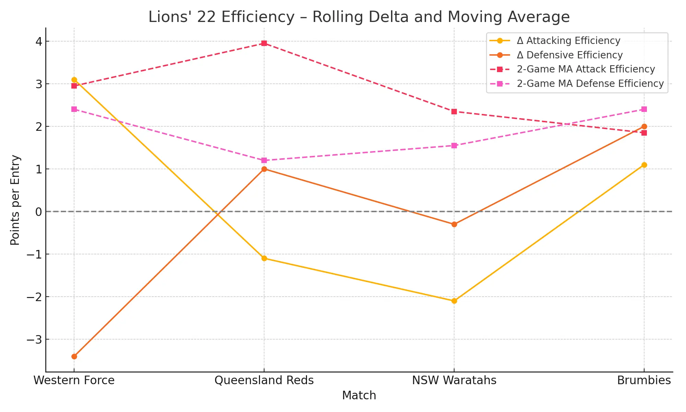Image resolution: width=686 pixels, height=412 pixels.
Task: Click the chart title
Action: pos(359,17)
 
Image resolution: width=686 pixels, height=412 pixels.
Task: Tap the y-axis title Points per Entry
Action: pos(15,200)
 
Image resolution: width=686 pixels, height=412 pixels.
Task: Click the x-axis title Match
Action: pos(359,396)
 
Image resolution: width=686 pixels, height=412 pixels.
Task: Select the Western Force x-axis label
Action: pos(74,380)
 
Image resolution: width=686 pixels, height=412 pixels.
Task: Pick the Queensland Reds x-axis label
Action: pos(264,380)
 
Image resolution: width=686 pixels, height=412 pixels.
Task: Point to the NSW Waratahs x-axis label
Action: pos(454,380)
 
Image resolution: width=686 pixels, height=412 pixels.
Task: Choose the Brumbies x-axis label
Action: pos(644,380)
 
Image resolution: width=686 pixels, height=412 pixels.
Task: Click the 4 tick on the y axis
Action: pos(38,42)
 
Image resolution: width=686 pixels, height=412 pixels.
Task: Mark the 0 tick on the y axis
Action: pos(38,212)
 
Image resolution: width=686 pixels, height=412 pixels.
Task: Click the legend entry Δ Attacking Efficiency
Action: pos(568,41)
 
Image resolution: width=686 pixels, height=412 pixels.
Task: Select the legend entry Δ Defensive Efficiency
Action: pos(569,55)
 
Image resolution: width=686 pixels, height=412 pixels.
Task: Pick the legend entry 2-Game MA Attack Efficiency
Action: pos(586,69)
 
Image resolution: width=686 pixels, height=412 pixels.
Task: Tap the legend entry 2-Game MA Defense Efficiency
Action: pos(590,84)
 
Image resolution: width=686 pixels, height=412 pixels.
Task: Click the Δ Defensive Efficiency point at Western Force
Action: pos(74,356)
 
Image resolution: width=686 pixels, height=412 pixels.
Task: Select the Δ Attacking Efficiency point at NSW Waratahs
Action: pos(454,301)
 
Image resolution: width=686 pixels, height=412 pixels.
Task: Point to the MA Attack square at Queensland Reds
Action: pos(264,43)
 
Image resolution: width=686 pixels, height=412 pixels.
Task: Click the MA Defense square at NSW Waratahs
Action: pos(454,146)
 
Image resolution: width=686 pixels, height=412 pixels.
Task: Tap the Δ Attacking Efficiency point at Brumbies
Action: pos(644,165)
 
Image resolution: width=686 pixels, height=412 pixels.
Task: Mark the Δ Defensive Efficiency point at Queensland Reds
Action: pos(264,169)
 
